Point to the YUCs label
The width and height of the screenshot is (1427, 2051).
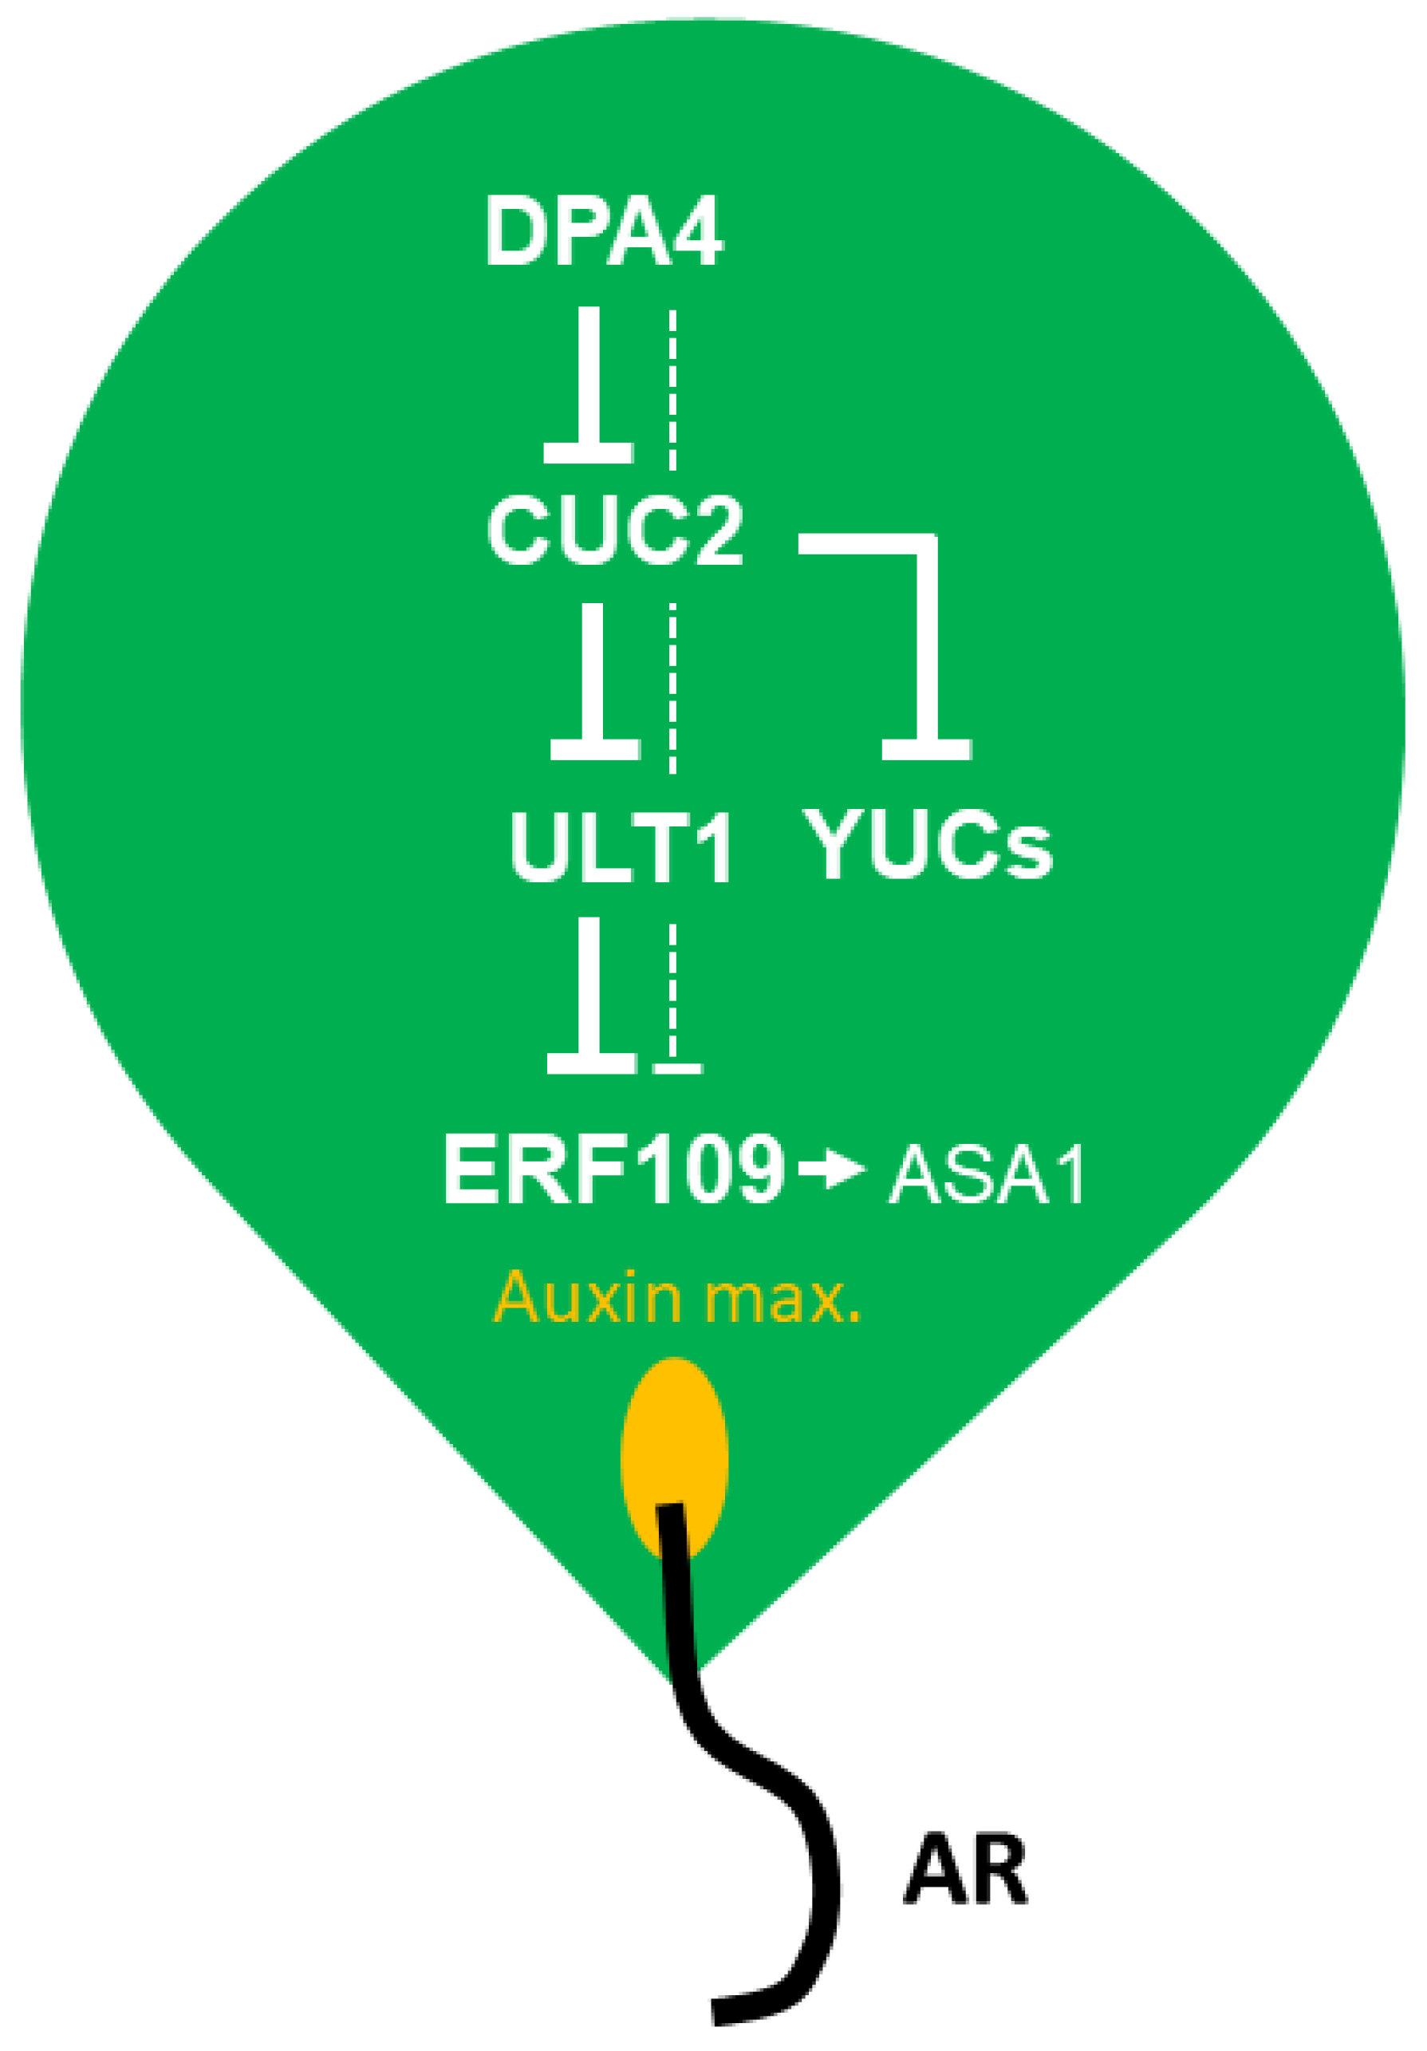tap(927, 844)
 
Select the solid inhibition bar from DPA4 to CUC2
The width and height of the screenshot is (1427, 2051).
tap(589, 385)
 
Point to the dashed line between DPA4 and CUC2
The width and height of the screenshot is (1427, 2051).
tap(672, 389)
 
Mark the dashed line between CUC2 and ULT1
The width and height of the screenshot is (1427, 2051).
tap(672, 688)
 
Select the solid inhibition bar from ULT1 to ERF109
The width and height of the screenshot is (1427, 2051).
tap(589, 996)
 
